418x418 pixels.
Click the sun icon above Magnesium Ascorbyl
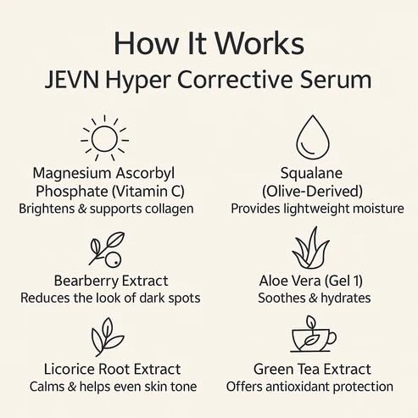105,138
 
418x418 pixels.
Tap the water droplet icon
313,137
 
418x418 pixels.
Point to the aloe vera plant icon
310,248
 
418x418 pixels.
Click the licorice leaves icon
108,337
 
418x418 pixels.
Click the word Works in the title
259,43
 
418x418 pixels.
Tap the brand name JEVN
72,80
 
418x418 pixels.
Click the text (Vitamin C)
148,192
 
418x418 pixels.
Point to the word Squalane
311,173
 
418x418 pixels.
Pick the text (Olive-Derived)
312,192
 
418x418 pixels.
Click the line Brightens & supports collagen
106,209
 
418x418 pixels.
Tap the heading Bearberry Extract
111,281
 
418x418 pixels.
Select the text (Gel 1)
343,281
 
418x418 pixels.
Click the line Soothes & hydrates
315,298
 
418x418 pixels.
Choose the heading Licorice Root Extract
112,369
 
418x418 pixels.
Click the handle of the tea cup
332,337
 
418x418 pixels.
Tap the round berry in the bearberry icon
113,259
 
